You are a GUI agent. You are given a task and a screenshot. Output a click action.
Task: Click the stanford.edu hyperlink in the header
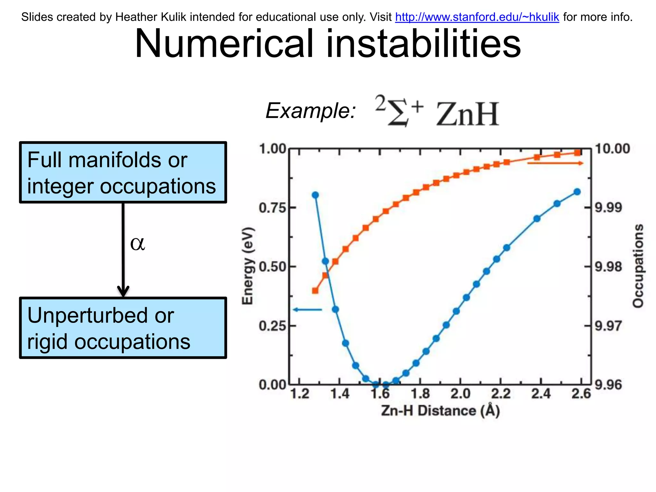tap(477, 17)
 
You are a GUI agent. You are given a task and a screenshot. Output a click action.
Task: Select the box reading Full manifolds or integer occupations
tap(123, 172)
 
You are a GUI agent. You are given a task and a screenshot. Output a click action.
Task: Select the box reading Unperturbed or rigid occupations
tap(123, 328)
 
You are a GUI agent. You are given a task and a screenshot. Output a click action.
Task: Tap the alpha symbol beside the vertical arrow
tap(137, 243)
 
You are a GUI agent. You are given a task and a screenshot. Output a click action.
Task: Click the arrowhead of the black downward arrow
tap(123, 291)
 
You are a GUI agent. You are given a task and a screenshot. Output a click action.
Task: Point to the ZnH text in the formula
tap(467, 114)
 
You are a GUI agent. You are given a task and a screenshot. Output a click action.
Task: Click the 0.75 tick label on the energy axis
tap(273, 208)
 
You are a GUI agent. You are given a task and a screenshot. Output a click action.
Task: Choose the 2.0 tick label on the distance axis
tap(460, 394)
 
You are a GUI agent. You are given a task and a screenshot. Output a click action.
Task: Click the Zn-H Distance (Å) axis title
tap(440, 411)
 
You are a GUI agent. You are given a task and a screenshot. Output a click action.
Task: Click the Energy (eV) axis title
tap(248, 266)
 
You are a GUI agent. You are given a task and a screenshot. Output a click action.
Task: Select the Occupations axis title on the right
tap(638, 266)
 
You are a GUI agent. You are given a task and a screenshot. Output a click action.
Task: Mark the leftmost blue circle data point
tap(315, 195)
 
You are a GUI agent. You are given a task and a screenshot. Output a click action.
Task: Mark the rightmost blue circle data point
tap(577, 192)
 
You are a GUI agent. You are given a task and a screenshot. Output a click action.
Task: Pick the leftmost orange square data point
tap(315, 291)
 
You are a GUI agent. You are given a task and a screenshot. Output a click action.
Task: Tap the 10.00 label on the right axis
tap(612, 149)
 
